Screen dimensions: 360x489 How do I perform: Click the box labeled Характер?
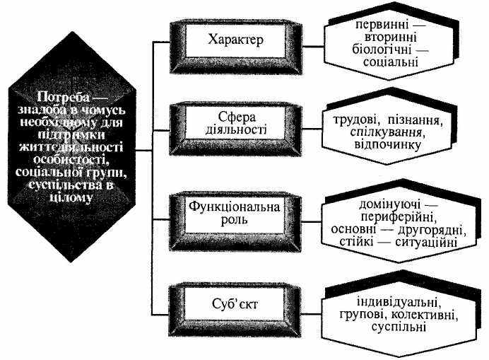tap(236, 40)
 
